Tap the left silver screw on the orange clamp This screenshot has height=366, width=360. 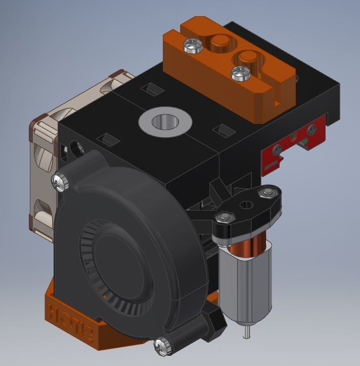193,46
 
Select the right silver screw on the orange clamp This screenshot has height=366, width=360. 240,74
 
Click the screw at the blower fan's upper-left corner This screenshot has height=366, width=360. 60,181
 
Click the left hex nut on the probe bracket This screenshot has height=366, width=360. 223,218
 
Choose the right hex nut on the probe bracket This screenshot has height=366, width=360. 264,193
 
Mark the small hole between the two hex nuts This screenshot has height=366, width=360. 247,205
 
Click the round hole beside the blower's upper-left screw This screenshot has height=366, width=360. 79,148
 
